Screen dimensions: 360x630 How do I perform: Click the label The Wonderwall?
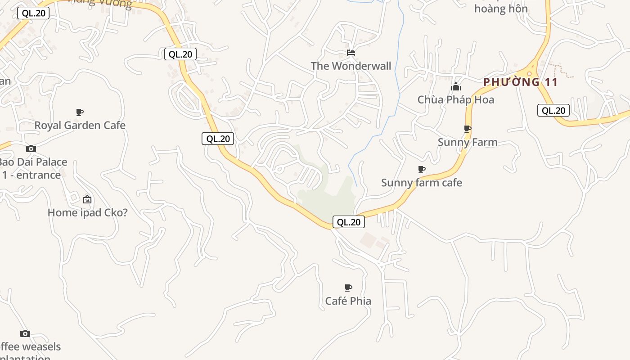pos(351,66)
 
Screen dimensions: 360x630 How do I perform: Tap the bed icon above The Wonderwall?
pos(351,53)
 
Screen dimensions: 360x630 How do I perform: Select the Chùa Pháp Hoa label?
pos(455,99)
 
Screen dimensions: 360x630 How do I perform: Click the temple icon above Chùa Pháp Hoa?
pos(456,86)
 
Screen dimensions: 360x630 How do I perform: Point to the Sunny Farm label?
pos(468,142)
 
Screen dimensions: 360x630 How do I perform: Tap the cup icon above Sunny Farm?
pos(468,129)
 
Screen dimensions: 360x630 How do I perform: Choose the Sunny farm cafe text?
pos(421,183)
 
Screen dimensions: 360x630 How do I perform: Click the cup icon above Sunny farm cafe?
pos(422,169)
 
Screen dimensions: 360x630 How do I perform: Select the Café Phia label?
pos(348,301)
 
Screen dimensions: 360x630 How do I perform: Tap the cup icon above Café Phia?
pos(348,288)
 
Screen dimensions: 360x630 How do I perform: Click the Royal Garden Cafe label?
pos(80,125)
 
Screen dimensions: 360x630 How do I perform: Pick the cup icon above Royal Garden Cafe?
pos(80,112)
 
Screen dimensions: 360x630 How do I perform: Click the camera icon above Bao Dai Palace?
pos(31,148)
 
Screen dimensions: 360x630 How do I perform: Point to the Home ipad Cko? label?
pos(87,212)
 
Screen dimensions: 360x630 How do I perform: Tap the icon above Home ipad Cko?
pos(87,199)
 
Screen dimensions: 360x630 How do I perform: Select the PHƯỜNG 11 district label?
pos(520,82)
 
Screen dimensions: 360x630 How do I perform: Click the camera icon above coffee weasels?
pos(25,333)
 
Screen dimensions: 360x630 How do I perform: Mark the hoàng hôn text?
pos(500,9)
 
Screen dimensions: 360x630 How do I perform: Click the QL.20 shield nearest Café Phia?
pos(349,222)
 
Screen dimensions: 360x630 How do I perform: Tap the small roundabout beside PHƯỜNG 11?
pos(530,74)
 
